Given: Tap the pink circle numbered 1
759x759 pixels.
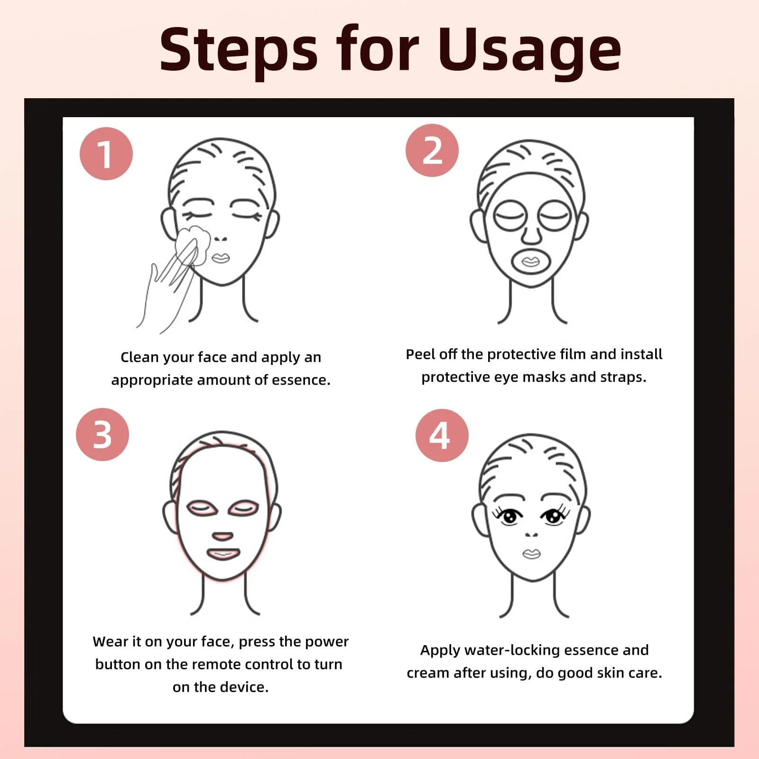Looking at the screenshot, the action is pyautogui.click(x=106, y=154).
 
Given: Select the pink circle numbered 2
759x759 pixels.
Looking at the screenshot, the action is pyautogui.click(x=432, y=150).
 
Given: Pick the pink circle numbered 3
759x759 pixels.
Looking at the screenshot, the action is pyautogui.click(x=102, y=435).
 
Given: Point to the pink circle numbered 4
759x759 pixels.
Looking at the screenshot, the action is pyautogui.click(x=442, y=435).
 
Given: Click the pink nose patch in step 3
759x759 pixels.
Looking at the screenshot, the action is pyautogui.click(x=222, y=537).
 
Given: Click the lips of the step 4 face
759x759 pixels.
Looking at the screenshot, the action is pyautogui.click(x=531, y=554).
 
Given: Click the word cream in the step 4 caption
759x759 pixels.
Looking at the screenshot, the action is pyautogui.click(x=428, y=673).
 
